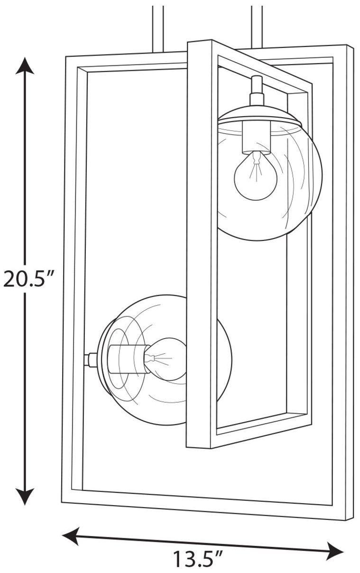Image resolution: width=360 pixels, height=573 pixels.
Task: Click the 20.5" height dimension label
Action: point(28,279)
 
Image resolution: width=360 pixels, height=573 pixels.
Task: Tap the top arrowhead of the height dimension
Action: point(25,66)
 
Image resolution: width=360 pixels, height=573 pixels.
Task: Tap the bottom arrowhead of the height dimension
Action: point(25,497)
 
